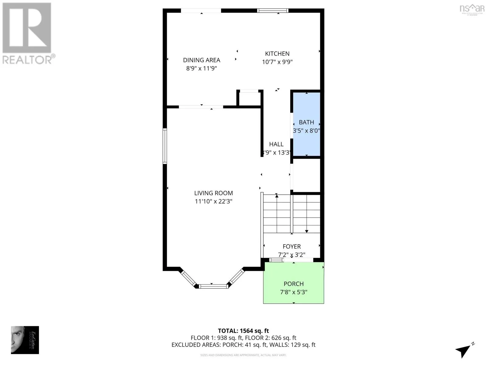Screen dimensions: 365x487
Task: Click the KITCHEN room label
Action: coord(277,54)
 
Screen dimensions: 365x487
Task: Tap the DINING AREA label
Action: coord(201,60)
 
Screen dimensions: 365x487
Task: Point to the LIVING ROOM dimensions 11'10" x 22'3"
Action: coord(213,201)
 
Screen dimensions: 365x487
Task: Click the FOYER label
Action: coord(292,246)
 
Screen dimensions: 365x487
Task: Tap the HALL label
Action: coord(276,144)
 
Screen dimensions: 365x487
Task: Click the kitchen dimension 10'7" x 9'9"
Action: coord(277,62)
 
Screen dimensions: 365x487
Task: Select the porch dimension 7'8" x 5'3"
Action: coord(293,292)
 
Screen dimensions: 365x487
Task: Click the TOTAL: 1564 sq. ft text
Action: coord(243,331)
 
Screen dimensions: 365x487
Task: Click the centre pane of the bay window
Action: coord(213,286)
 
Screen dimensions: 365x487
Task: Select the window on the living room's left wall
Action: coord(165,146)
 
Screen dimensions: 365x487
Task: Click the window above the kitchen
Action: coord(272,11)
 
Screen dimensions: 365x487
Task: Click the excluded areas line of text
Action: coord(243,345)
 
